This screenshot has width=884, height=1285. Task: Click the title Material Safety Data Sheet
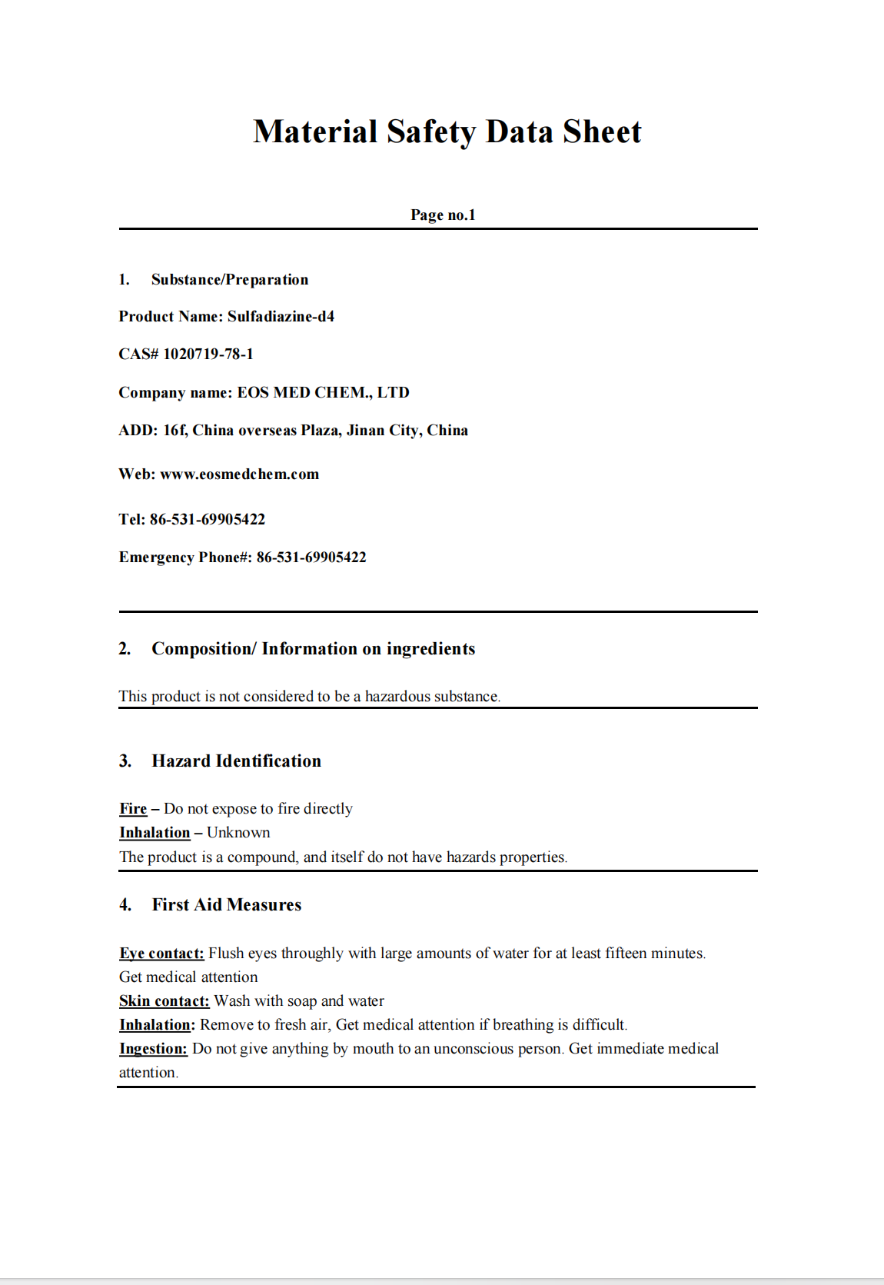coord(447,131)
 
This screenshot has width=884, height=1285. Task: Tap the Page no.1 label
coord(443,215)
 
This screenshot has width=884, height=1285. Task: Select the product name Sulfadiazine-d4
coord(281,317)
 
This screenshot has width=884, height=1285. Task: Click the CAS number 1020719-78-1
coord(208,355)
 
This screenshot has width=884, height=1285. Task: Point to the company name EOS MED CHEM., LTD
coord(323,393)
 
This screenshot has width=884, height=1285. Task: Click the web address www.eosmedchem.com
coord(239,474)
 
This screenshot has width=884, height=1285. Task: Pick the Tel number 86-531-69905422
coord(207,520)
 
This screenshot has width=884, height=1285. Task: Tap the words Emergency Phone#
coord(185,558)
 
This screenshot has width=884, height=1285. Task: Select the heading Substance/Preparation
coord(230,280)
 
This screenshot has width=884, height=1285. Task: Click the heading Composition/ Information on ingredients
coord(313,649)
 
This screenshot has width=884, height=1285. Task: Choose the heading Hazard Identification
coord(236,761)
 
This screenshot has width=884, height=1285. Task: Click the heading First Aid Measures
coord(226,905)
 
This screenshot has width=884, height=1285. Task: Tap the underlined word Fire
coord(133,809)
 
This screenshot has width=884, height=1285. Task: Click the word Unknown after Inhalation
coord(238,833)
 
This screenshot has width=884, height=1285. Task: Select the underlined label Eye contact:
coord(161,954)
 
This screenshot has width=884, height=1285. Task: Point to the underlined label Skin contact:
coord(164,1001)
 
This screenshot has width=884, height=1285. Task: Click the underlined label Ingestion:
coord(153,1049)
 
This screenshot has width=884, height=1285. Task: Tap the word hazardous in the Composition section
coord(397,697)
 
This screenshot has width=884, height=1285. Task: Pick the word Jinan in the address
coord(365,431)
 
